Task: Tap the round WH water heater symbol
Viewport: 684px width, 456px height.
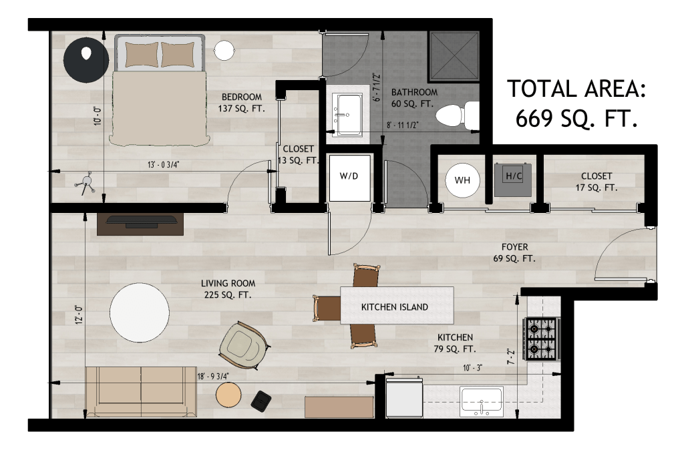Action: (x=462, y=180)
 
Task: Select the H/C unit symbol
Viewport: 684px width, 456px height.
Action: (x=514, y=180)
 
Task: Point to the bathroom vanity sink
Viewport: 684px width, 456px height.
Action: (x=347, y=116)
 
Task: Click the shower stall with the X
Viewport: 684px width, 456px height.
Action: (x=454, y=56)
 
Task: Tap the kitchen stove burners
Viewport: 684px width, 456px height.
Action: (x=542, y=338)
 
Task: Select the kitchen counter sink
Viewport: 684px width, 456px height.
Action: (x=482, y=402)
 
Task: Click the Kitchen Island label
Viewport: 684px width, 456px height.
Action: (x=394, y=307)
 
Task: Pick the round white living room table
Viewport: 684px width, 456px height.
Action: (x=140, y=312)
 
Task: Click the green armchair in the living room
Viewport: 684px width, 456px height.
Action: (x=242, y=345)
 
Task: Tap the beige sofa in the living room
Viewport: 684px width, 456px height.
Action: (x=140, y=392)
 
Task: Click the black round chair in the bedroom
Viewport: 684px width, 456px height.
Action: (x=86, y=59)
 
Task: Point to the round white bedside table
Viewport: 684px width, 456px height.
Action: (x=224, y=50)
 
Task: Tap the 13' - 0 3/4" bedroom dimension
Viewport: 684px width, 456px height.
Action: (x=163, y=165)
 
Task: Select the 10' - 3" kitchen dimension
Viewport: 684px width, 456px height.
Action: (x=472, y=368)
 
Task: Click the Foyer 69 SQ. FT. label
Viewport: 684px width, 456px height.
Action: (x=514, y=253)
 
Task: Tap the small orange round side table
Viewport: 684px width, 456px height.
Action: (x=228, y=395)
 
